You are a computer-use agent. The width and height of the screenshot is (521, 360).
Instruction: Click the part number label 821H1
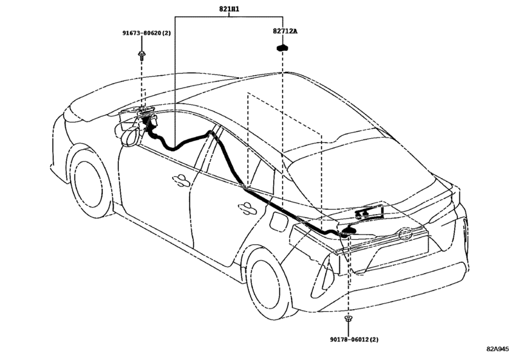(229, 9)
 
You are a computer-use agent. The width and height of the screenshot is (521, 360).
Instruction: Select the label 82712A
(285, 32)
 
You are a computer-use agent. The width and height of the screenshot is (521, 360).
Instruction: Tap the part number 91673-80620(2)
(146, 33)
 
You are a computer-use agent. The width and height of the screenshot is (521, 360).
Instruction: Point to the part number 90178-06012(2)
(354, 339)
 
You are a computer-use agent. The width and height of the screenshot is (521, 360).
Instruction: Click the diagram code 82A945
(497, 349)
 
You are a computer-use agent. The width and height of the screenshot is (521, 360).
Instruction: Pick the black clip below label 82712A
(282, 48)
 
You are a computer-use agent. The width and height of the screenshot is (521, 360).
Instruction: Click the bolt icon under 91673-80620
(142, 55)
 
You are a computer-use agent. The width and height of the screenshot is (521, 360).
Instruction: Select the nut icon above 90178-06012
(348, 318)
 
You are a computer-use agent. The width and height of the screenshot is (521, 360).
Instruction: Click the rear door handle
(247, 208)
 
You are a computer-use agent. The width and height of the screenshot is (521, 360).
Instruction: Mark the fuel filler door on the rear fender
(278, 221)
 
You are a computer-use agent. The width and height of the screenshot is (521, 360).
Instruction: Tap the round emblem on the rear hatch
(405, 235)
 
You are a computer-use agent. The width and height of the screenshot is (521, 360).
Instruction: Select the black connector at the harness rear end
(349, 230)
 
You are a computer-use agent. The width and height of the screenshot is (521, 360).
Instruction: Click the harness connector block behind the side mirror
(149, 119)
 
